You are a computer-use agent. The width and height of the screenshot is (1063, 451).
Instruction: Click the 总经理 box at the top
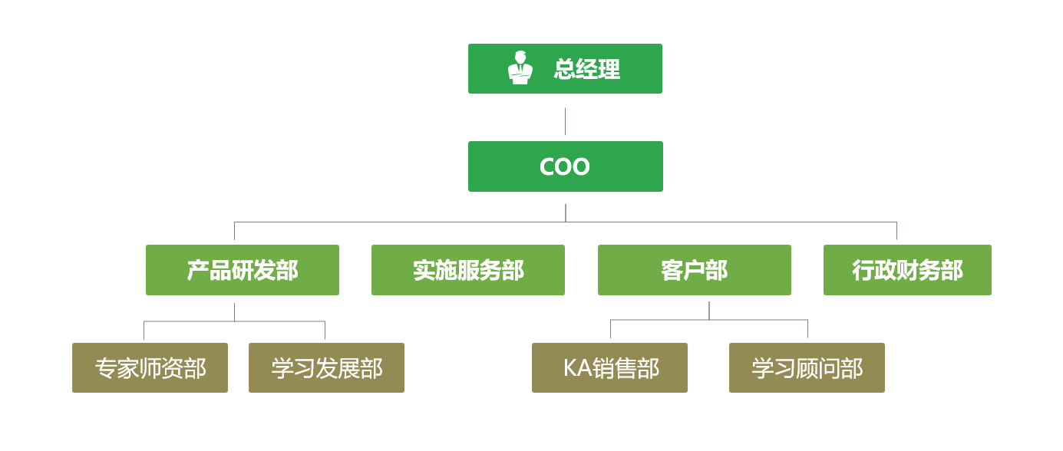point(565,69)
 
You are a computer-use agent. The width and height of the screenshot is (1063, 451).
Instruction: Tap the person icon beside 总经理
point(520,68)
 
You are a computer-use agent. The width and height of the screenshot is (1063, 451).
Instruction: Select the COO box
point(565,166)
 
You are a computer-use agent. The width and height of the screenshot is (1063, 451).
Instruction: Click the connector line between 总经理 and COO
point(565,121)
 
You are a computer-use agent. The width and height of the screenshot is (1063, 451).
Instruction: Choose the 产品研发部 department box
point(243,270)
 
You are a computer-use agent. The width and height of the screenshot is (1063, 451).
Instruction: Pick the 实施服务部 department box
point(468,270)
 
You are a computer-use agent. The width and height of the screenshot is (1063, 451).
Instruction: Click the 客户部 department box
point(695,270)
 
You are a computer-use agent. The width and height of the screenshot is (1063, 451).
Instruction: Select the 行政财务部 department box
point(907,270)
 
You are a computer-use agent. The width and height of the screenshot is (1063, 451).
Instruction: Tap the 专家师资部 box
point(150,368)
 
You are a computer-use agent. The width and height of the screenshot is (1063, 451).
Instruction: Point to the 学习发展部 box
point(326,368)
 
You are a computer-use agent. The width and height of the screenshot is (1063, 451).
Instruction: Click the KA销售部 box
point(609,368)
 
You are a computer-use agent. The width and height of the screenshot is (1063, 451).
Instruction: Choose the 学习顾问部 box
point(807,368)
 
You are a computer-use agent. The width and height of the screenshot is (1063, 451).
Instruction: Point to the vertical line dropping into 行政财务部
point(896,232)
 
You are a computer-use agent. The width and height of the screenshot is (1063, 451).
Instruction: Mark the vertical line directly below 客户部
point(709,310)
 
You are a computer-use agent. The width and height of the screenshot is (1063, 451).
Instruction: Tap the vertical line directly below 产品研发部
point(235,311)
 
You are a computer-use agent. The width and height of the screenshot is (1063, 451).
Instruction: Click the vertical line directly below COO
point(566,212)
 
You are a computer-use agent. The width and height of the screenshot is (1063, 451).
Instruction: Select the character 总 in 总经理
point(565,70)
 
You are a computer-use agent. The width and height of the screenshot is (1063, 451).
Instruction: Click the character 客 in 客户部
point(672,270)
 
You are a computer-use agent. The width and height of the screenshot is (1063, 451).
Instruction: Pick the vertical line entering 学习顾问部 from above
point(807,329)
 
